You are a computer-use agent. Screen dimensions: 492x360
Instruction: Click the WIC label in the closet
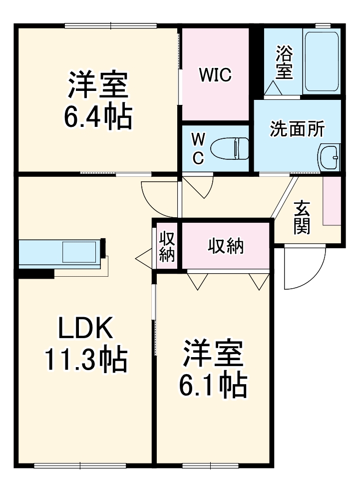[215, 75]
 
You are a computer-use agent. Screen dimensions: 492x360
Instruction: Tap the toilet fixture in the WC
[230, 148]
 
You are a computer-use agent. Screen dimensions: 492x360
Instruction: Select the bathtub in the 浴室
[321, 62]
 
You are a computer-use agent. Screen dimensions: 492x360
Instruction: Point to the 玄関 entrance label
[302, 217]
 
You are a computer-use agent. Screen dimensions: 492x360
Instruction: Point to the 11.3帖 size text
[86, 359]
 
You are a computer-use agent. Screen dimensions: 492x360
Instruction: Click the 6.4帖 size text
[98, 116]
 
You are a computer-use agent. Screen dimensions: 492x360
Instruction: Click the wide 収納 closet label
[226, 245]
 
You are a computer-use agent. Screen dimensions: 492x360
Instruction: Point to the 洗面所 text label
[297, 129]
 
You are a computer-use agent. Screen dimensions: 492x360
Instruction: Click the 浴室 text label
[284, 62]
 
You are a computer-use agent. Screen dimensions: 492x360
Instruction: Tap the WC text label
[198, 148]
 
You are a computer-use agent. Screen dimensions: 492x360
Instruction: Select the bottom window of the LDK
[80, 466]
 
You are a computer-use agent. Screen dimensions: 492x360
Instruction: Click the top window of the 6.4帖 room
[111, 25]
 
